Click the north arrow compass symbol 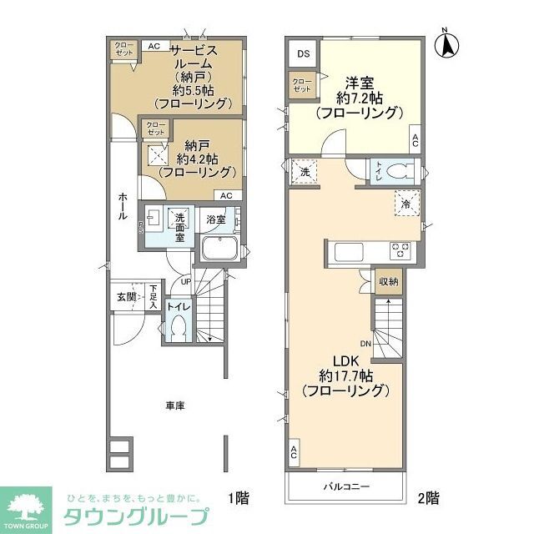point(447,44)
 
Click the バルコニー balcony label point(346,487)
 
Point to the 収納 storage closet point(388,282)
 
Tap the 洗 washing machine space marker point(305,171)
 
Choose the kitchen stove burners point(400,249)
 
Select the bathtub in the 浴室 point(221,249)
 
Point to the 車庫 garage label point(174,406)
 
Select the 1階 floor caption point(239,498)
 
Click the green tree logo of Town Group point(26,506)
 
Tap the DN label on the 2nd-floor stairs point(366,343)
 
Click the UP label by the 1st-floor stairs point(185,282)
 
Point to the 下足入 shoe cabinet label point(154,296)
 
